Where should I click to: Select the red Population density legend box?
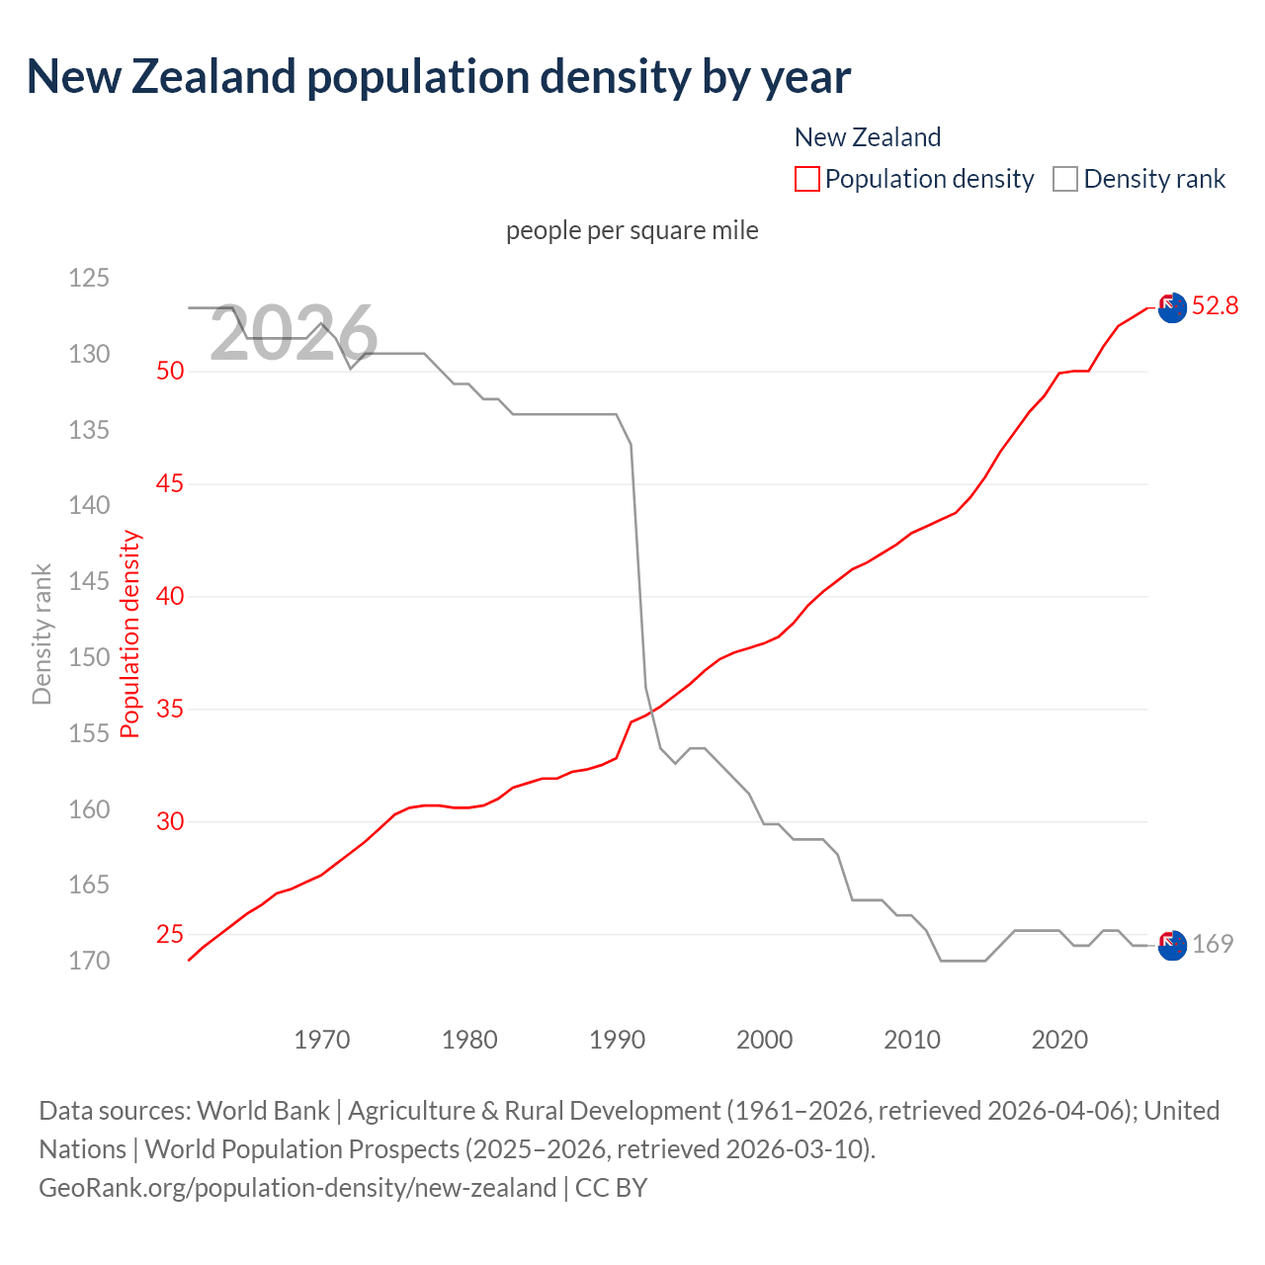click(x=807, y=179)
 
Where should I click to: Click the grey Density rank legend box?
click(x=1064, y=179)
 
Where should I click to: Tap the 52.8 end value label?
click(x=1215, y=306)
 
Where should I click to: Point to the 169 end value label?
click(x=1213, y=944)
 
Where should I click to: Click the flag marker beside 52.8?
click(x=1172, y=307)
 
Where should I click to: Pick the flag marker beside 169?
click(x=1172, y=946)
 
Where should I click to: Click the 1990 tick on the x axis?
click(x=617, y=1040)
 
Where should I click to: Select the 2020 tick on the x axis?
click(x=1059, y=1040)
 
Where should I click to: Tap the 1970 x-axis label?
click(x=322, y=1040)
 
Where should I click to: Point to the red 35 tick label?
click(x=170, y=710)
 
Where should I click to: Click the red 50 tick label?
click(x=170, y=372)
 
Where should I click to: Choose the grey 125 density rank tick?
click(x=89, y=278)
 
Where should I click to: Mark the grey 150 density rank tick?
click(x=89, y=657)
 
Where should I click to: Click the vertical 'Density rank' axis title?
click(x=42, y=634)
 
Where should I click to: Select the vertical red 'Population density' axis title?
click(x=130, y=634)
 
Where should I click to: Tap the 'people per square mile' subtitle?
click(x=632, y=230)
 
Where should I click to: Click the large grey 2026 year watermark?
click(x=294, y=333)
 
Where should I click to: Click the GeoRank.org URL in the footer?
click(x=297, y=1187)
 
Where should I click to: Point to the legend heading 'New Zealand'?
click(x=868, y=137)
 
